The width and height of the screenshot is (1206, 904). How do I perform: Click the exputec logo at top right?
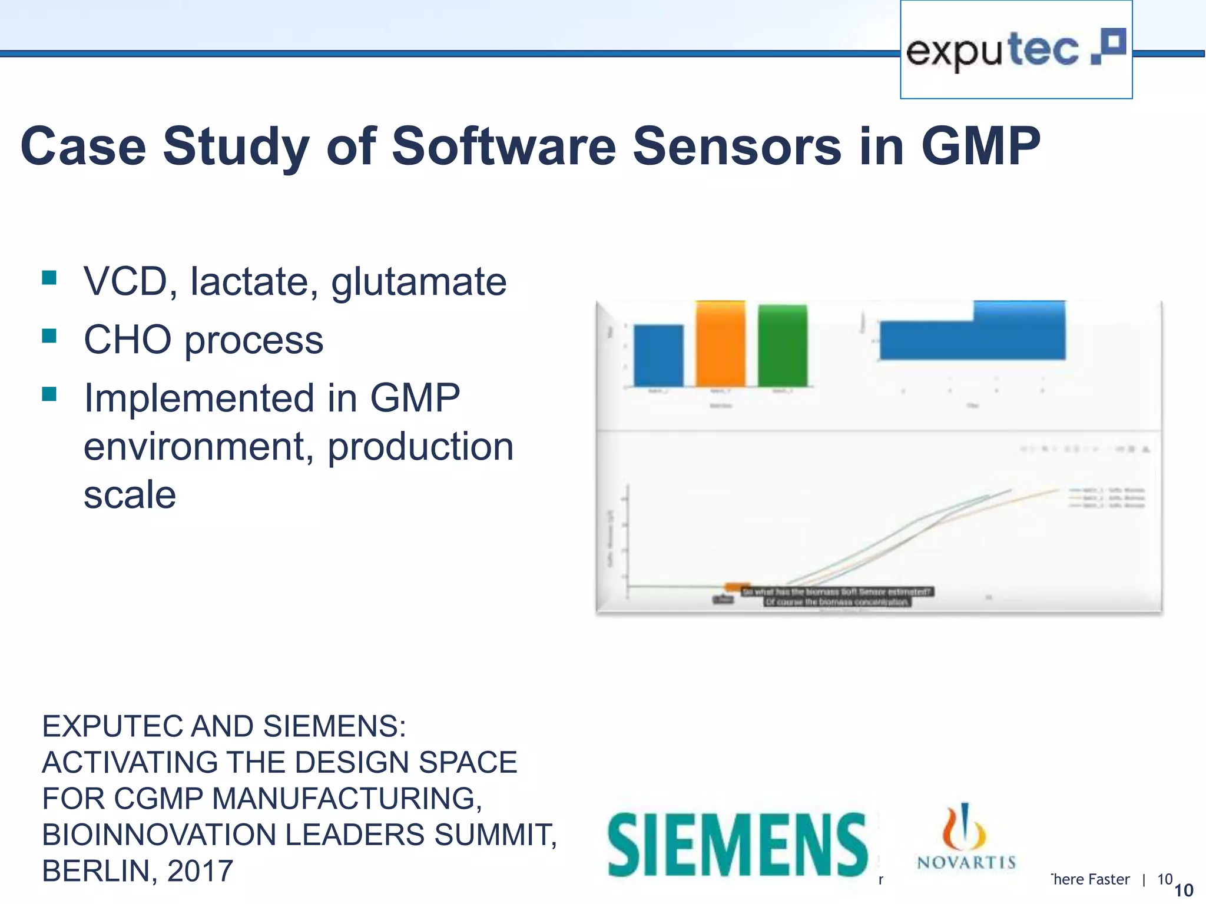point(1016,50)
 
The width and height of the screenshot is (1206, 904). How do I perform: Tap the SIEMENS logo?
point(737,845)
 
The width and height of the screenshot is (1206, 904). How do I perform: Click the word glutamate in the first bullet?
point(419,282)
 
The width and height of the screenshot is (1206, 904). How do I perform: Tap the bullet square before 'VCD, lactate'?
point(49,277)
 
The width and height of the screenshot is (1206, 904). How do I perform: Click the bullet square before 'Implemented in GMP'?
point(49,394)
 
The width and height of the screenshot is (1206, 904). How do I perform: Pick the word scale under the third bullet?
point(130,494)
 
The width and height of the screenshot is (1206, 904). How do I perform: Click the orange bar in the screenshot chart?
point(720,344)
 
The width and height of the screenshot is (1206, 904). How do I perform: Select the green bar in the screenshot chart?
point(782,345)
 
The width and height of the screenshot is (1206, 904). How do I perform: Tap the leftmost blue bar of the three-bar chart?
point(658,355)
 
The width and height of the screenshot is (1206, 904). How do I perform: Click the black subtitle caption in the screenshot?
point(837,597)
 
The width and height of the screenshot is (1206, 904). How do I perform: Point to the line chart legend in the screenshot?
point(1106,498)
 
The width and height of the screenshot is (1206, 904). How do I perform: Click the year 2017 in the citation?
point(200,871)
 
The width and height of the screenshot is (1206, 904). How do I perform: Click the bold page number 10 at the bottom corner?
point(1184,890)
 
